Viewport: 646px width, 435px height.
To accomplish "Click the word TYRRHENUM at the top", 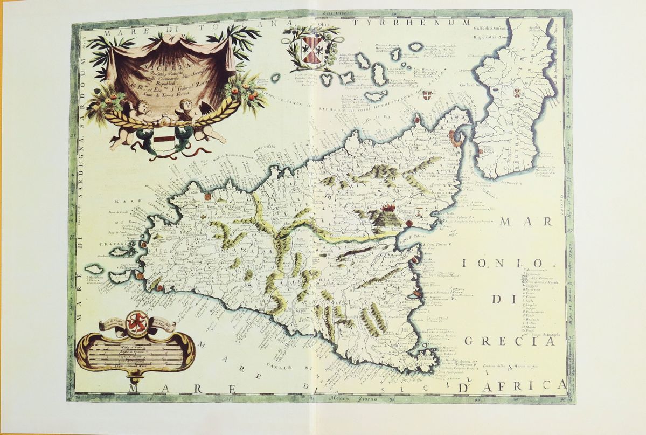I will [x=412, y=24].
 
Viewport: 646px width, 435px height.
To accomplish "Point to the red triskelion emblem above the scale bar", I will [x=137, y=322].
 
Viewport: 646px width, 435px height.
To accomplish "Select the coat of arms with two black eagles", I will [x=311, y=48].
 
